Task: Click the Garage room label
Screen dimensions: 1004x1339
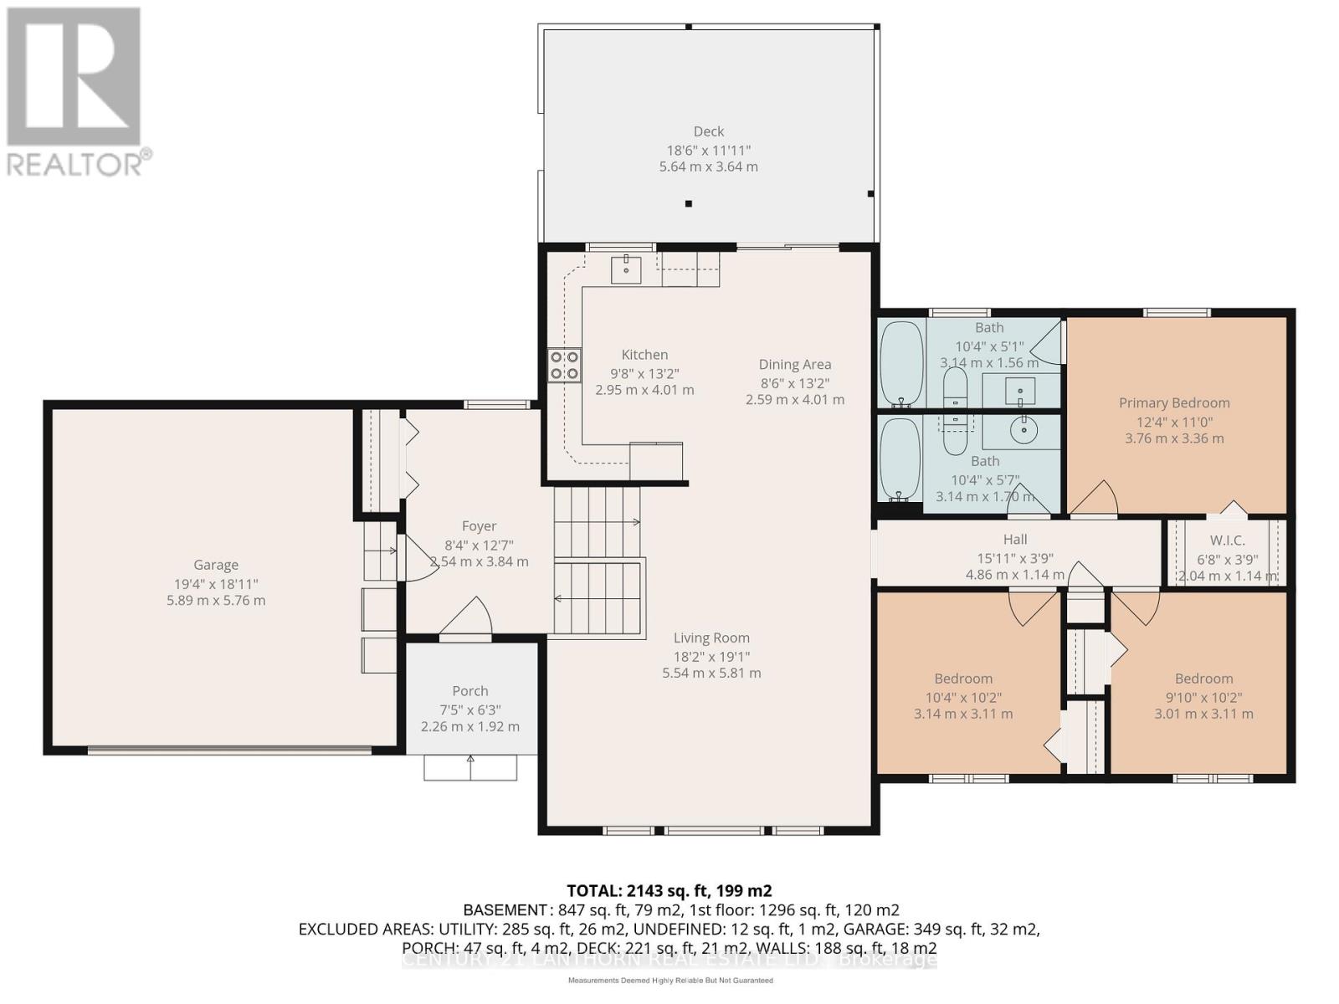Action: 216,565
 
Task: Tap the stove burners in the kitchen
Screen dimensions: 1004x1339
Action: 564,366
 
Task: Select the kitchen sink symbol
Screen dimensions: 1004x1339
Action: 626,269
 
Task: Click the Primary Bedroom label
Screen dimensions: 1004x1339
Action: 1174,402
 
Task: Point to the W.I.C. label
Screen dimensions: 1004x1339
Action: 1227,540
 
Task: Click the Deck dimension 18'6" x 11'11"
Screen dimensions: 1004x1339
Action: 708,150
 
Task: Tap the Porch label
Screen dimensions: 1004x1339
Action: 469,690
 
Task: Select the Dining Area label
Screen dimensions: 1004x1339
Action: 794,364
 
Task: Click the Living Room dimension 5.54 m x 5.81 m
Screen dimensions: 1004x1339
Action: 711,673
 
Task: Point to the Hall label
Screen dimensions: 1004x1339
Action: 1014,540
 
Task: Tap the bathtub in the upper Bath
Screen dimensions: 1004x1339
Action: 901,364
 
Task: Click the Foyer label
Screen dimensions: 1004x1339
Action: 479,525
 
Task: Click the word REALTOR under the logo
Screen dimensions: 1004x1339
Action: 75,163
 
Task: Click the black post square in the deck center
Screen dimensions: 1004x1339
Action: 689,203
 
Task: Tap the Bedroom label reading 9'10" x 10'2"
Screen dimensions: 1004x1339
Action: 1203,679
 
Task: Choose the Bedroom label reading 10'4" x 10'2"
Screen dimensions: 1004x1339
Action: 963,679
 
